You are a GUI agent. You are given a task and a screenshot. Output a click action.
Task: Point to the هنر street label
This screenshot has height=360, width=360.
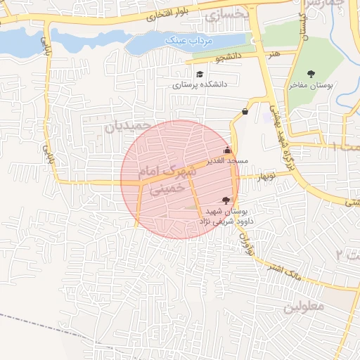click(x=274, y=53)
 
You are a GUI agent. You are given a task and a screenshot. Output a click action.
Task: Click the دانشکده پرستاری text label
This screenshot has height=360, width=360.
click(x=200, y=84)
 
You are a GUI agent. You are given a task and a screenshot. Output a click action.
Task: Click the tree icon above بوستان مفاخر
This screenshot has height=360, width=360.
click(x=311, y=74)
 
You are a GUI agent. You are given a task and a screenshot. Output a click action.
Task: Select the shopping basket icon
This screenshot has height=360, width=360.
click(x=245, y=111)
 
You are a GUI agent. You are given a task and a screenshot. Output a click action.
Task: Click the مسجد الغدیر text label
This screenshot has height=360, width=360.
click(x=227, y=161)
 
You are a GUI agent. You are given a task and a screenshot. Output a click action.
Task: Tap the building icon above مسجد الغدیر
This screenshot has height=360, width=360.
click(x=226, y=150)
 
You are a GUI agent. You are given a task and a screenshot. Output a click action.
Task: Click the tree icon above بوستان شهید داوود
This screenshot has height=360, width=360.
click(x=225, y=200)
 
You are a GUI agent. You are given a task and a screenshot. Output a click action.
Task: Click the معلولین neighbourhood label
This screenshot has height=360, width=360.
click(x=303, y=307)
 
